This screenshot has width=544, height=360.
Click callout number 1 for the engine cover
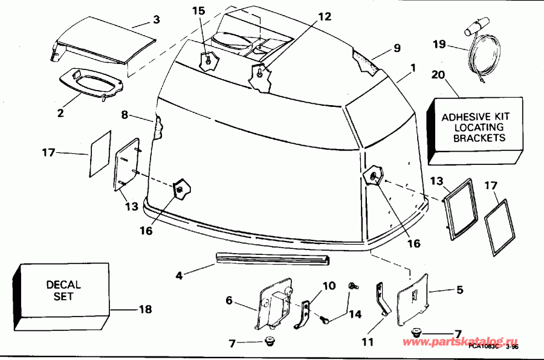point(413,68)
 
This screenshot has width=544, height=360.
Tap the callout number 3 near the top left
point(156,20)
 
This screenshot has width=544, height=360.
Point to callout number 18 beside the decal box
point(145,309)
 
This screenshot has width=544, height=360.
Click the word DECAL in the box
point(63,284)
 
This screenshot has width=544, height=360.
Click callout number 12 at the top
point(325,16)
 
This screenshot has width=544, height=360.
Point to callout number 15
point(199,11)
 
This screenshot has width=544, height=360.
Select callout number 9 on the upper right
point(397,48)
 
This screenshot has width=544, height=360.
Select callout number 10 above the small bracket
point(328,285)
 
